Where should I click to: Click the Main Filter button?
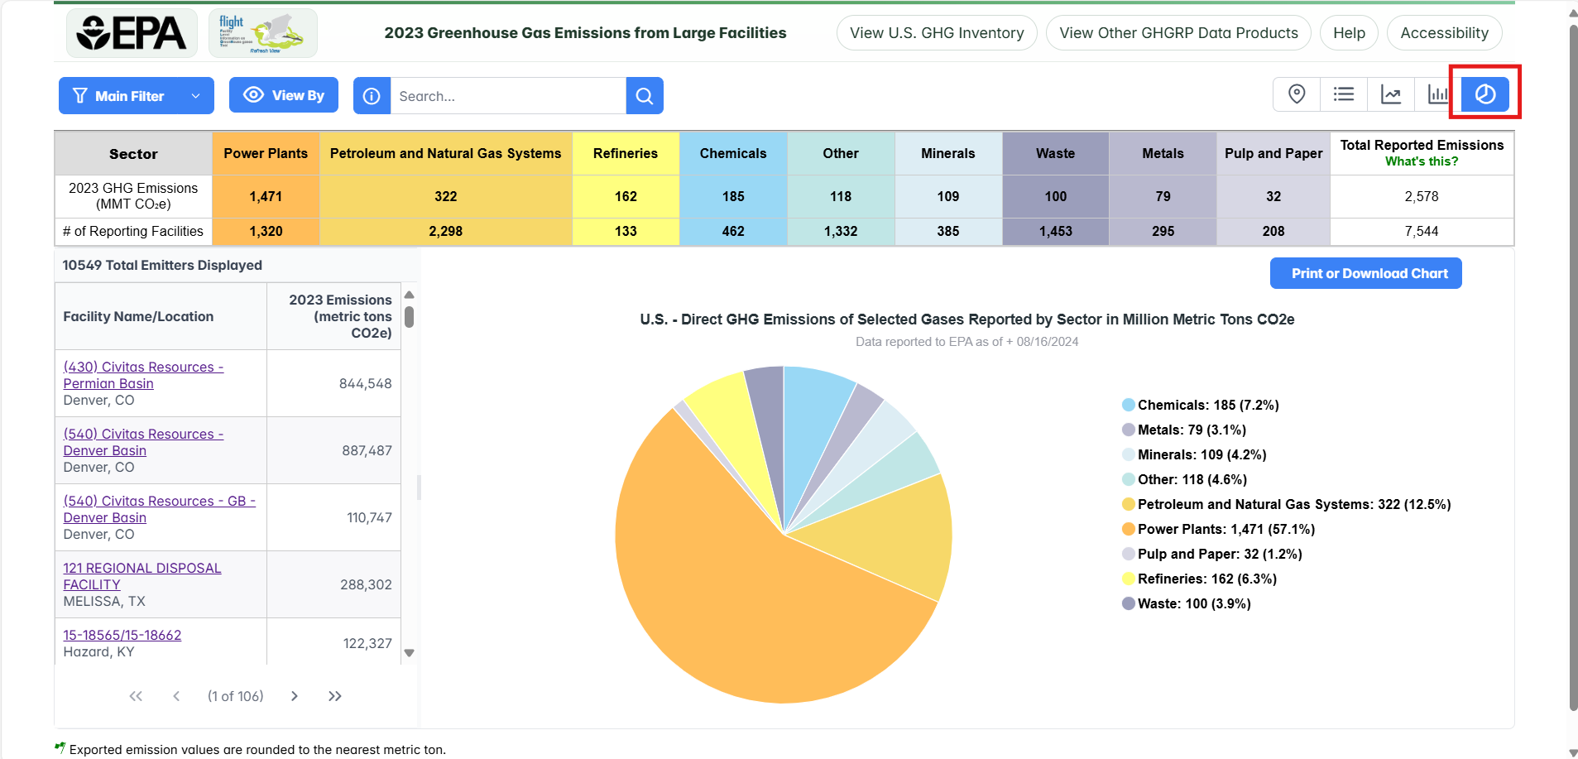136,96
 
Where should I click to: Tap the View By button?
283,95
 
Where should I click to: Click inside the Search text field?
507,96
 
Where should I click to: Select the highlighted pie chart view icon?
1484,94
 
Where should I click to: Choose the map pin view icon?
1297,94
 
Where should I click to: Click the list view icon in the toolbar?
1344,94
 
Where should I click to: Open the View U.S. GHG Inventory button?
937,33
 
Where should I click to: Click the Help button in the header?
1349,33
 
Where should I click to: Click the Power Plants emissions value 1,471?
266,196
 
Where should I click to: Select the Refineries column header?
626,153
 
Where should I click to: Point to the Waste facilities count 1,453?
1055,232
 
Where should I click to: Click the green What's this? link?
1422,161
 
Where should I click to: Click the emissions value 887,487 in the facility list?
367,450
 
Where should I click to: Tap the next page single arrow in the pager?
294,696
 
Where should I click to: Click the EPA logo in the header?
132,33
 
